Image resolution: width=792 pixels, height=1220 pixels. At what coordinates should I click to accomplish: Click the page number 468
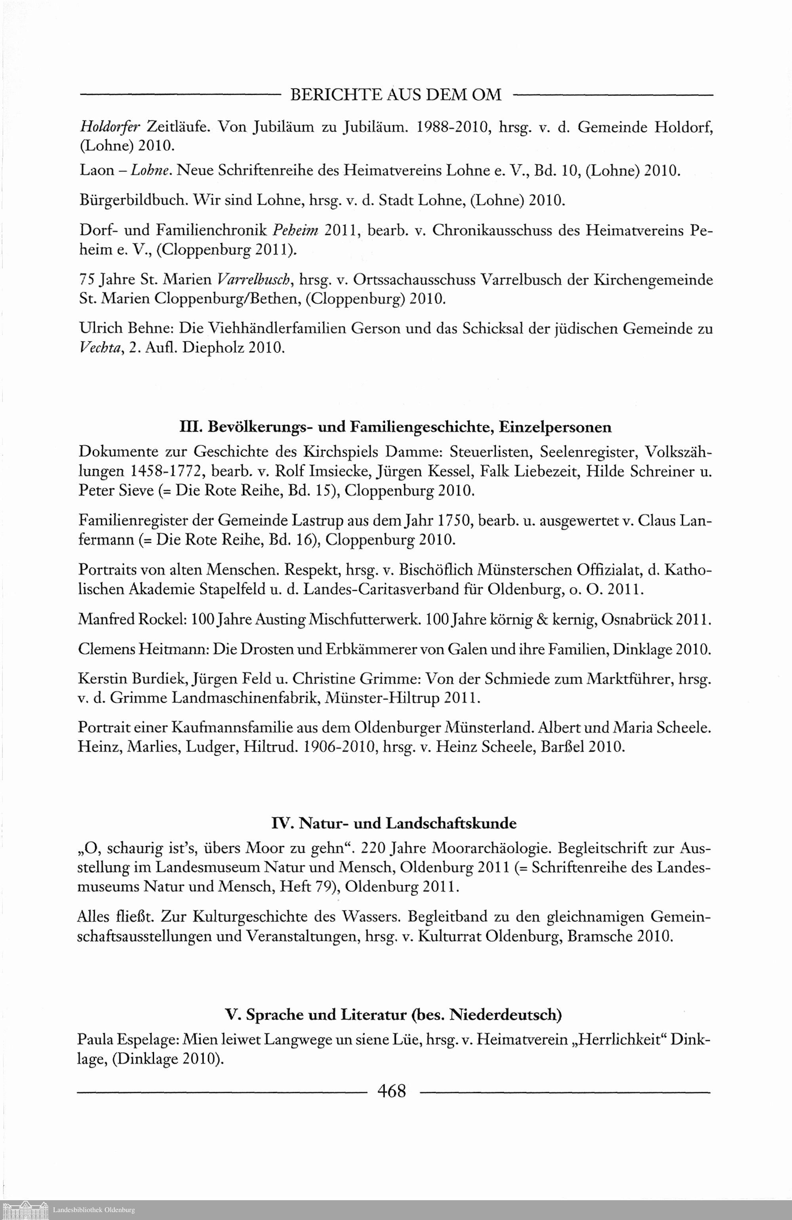point(391,1090)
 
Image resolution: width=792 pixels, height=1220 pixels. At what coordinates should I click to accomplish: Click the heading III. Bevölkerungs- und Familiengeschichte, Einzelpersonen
point(395,426)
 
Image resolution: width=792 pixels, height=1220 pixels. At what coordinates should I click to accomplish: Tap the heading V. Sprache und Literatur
point(394,1014)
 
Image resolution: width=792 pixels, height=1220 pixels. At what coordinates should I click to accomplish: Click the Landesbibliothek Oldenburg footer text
point(94,1210)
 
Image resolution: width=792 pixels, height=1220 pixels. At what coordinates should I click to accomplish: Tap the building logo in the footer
point(24,1210)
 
